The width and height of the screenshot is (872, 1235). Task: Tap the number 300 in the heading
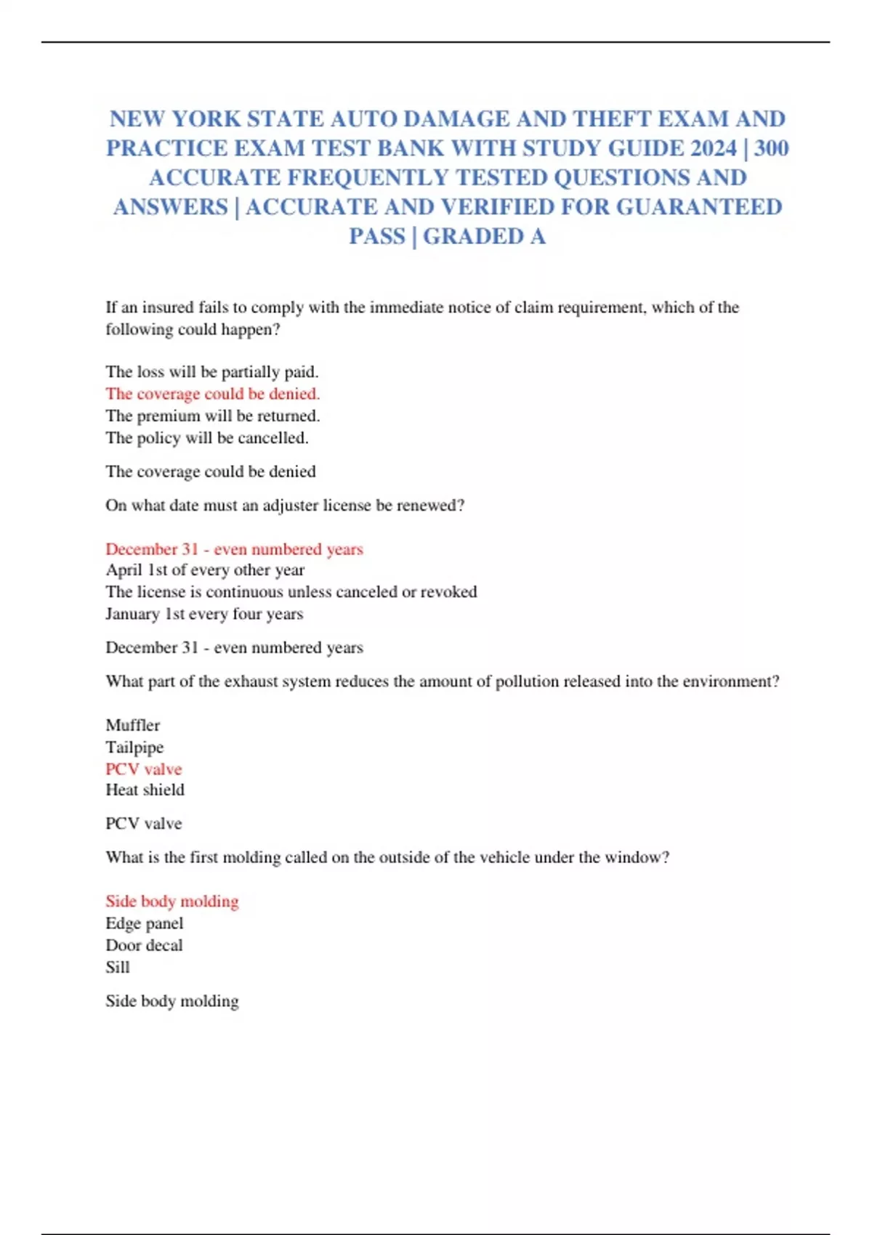pyautogui.click(x=771, y=148)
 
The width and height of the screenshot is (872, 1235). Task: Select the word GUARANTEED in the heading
pyautogui.click(x=699, y=207)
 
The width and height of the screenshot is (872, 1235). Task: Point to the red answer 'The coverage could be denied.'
pyautogui.click(x=212, y=394)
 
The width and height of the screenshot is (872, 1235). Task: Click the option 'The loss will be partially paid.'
pyautogui.click(x=211, y=372)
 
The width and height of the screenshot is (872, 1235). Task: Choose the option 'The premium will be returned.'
pyautogui.click(x=212, y=416)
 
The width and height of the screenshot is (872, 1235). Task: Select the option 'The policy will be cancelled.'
pyautogui.click(x=206, y=438)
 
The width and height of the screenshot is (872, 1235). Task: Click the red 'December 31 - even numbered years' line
pyautogui.click(x=234, y=549)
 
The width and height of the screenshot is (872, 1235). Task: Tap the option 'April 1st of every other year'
pyautogui.click(x=205, y=570)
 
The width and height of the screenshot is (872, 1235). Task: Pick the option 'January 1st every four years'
pyautogui.click(x=204, y=614)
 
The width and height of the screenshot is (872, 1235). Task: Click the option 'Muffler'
pyautogui.click(x=132, y=725)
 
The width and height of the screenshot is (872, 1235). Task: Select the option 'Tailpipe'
pyautogui.click(x=134, y=747)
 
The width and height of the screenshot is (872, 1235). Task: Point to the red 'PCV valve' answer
pyautogui.click(x=143, y=769)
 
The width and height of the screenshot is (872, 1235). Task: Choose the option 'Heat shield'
pyautogui.click(x=145, y=790)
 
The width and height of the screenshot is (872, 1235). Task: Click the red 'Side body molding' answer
pyautogui.click(x=171, y=902)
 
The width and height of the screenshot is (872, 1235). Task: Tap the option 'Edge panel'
pyautogui.click(x=144, y=923)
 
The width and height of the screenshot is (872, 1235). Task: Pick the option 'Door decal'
pyautogui.click(x=144, y=945)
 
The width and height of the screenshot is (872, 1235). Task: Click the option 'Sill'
pyautogui.click(x=117, y=968)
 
